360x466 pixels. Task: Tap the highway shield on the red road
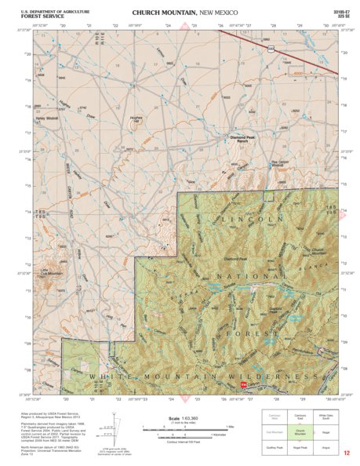pyautogui.click(x=271, y=49)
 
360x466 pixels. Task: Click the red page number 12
pyautogui.click(x=345, y=453)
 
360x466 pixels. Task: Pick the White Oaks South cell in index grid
pyautogui.click(x=325, y=416)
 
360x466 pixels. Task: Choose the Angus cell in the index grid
pyautogui.click(x=325, y=447)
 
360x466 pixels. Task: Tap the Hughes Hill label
pyautogui.click(x=136, y=119)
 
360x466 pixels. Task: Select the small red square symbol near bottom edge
pyautogui.click(x=244, y=386)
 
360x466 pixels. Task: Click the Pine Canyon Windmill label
pyautogui.click(x=280, y=164)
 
